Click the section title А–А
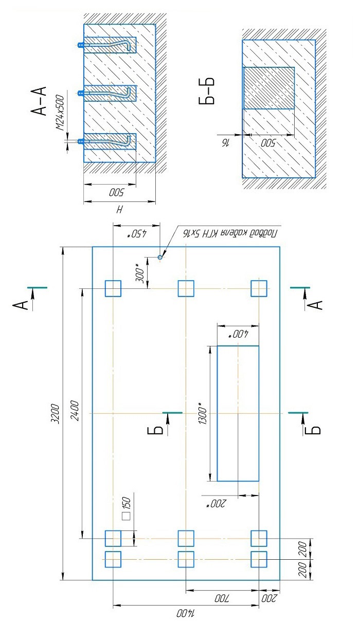pyautogui.click(x=39, y=100)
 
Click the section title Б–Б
pyautogui.click(x=206, y=90)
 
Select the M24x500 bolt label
pyautogui.click(x=60, y=113)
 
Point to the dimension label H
pyautogui.click(x=119, y=210)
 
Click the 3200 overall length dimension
pyautogui.click(x=55, y=414)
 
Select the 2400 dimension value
pyautogui.click(x=75, y=410)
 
